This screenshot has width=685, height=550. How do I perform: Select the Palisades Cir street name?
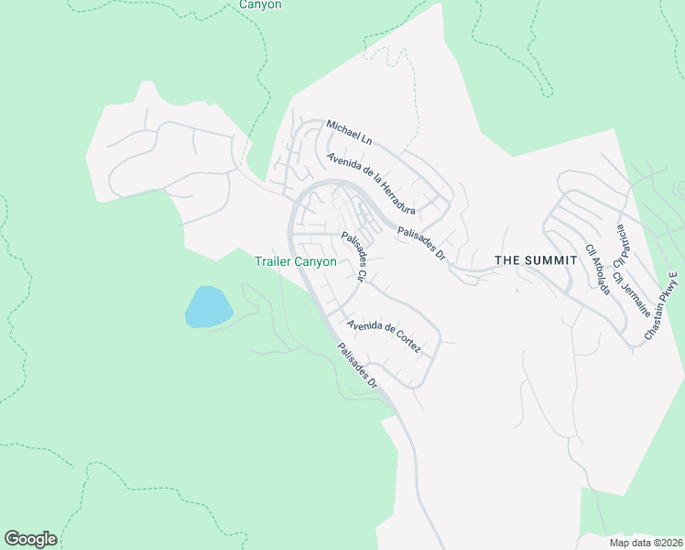[x=354, y=257]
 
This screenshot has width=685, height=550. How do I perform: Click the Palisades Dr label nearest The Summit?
[x=421, y=243]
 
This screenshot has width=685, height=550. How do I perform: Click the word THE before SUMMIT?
[x=507, y=260]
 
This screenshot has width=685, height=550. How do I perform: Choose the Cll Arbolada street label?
[x=597, y=269]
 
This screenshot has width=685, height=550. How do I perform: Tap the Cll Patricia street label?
[x=622, y=244]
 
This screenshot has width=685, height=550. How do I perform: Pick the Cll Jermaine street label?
[x=629, y=285]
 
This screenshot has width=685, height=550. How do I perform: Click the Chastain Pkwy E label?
[x=660, y=307]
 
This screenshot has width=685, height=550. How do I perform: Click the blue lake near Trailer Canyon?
[x=208, y=306]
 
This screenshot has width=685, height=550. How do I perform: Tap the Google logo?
[x=30, y=539]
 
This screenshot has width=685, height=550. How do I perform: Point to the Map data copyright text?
[x=645, y=543]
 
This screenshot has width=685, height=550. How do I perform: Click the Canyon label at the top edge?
[x=260, y=5]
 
